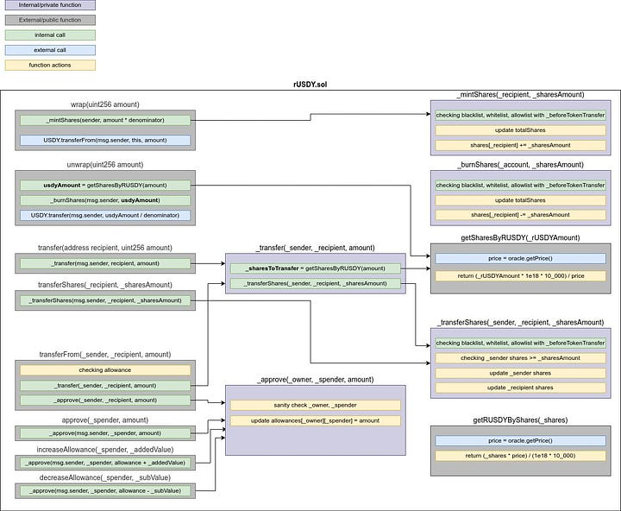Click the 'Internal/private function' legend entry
48,5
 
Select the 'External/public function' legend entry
48,20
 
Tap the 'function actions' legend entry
48,65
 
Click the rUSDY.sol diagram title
310,84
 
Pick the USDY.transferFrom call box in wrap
105,140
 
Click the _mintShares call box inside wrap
105,121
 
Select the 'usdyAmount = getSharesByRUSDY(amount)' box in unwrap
105,185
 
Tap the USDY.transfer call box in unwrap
105,214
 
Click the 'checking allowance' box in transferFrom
105,369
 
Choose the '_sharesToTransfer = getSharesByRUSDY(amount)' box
314,268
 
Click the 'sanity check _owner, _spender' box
315,405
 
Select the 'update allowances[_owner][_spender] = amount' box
315,420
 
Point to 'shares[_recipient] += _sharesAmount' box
520,145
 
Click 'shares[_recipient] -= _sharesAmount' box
520,215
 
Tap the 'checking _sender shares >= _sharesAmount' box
520,358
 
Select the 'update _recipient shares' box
520,388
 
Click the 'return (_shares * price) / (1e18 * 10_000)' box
520,455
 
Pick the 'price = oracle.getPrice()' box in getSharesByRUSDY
520,258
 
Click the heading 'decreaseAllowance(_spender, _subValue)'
105,477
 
